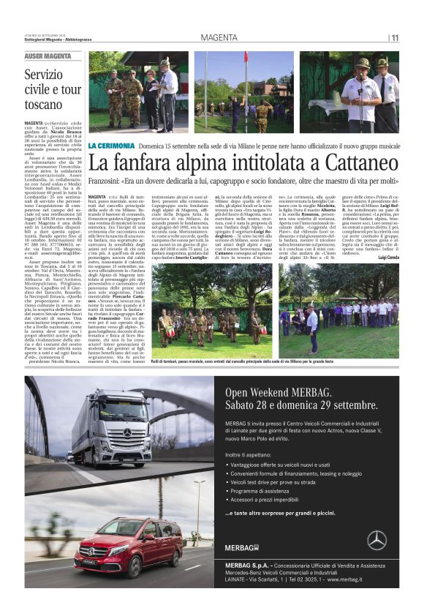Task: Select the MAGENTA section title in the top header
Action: [219, 37]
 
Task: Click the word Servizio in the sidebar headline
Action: [44, 75]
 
